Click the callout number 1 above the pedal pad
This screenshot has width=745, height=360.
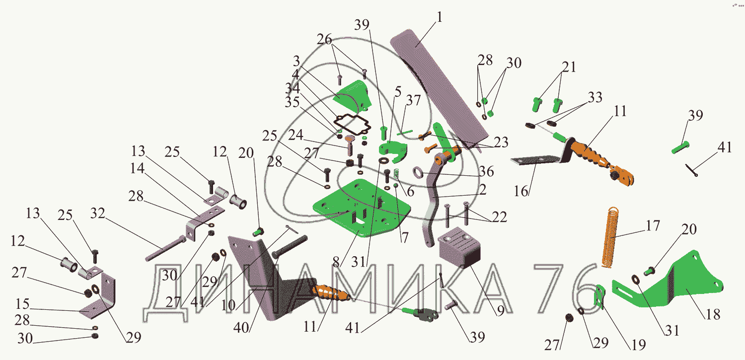pos(440,17)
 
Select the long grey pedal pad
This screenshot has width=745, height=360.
pos(439,88)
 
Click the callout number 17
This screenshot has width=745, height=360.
pos(653,226)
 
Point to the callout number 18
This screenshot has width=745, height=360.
pos(713,314)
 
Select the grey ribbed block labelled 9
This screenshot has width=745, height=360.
pos(459,248)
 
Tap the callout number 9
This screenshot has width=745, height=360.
pos(501,310)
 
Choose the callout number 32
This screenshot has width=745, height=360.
pos(98,213)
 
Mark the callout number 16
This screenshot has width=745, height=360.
pos(521,191)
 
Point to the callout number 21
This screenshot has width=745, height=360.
pos(569,67)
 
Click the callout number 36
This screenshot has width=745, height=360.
pos(486,171)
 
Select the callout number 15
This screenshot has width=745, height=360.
pos(23,304)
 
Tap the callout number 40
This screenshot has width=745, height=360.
pos(241,328)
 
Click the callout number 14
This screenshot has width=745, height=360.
pos(138,168)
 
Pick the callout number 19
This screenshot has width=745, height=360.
pos(639,345)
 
